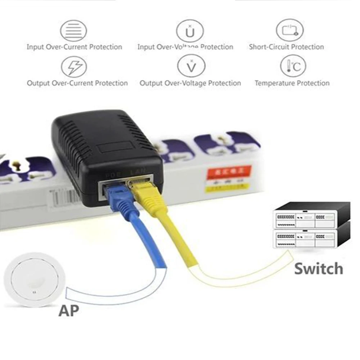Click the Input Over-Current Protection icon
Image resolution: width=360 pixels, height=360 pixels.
(x=73, y=31)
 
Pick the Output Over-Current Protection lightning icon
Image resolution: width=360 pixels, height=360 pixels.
(x=74, y=67)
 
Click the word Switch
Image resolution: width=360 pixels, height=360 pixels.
(x=319, y=269)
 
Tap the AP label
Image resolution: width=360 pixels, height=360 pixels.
(x=68, y=310)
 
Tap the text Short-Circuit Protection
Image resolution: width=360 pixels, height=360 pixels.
(x=286, y=47)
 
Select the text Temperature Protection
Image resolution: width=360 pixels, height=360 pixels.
(x=292, y=83)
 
